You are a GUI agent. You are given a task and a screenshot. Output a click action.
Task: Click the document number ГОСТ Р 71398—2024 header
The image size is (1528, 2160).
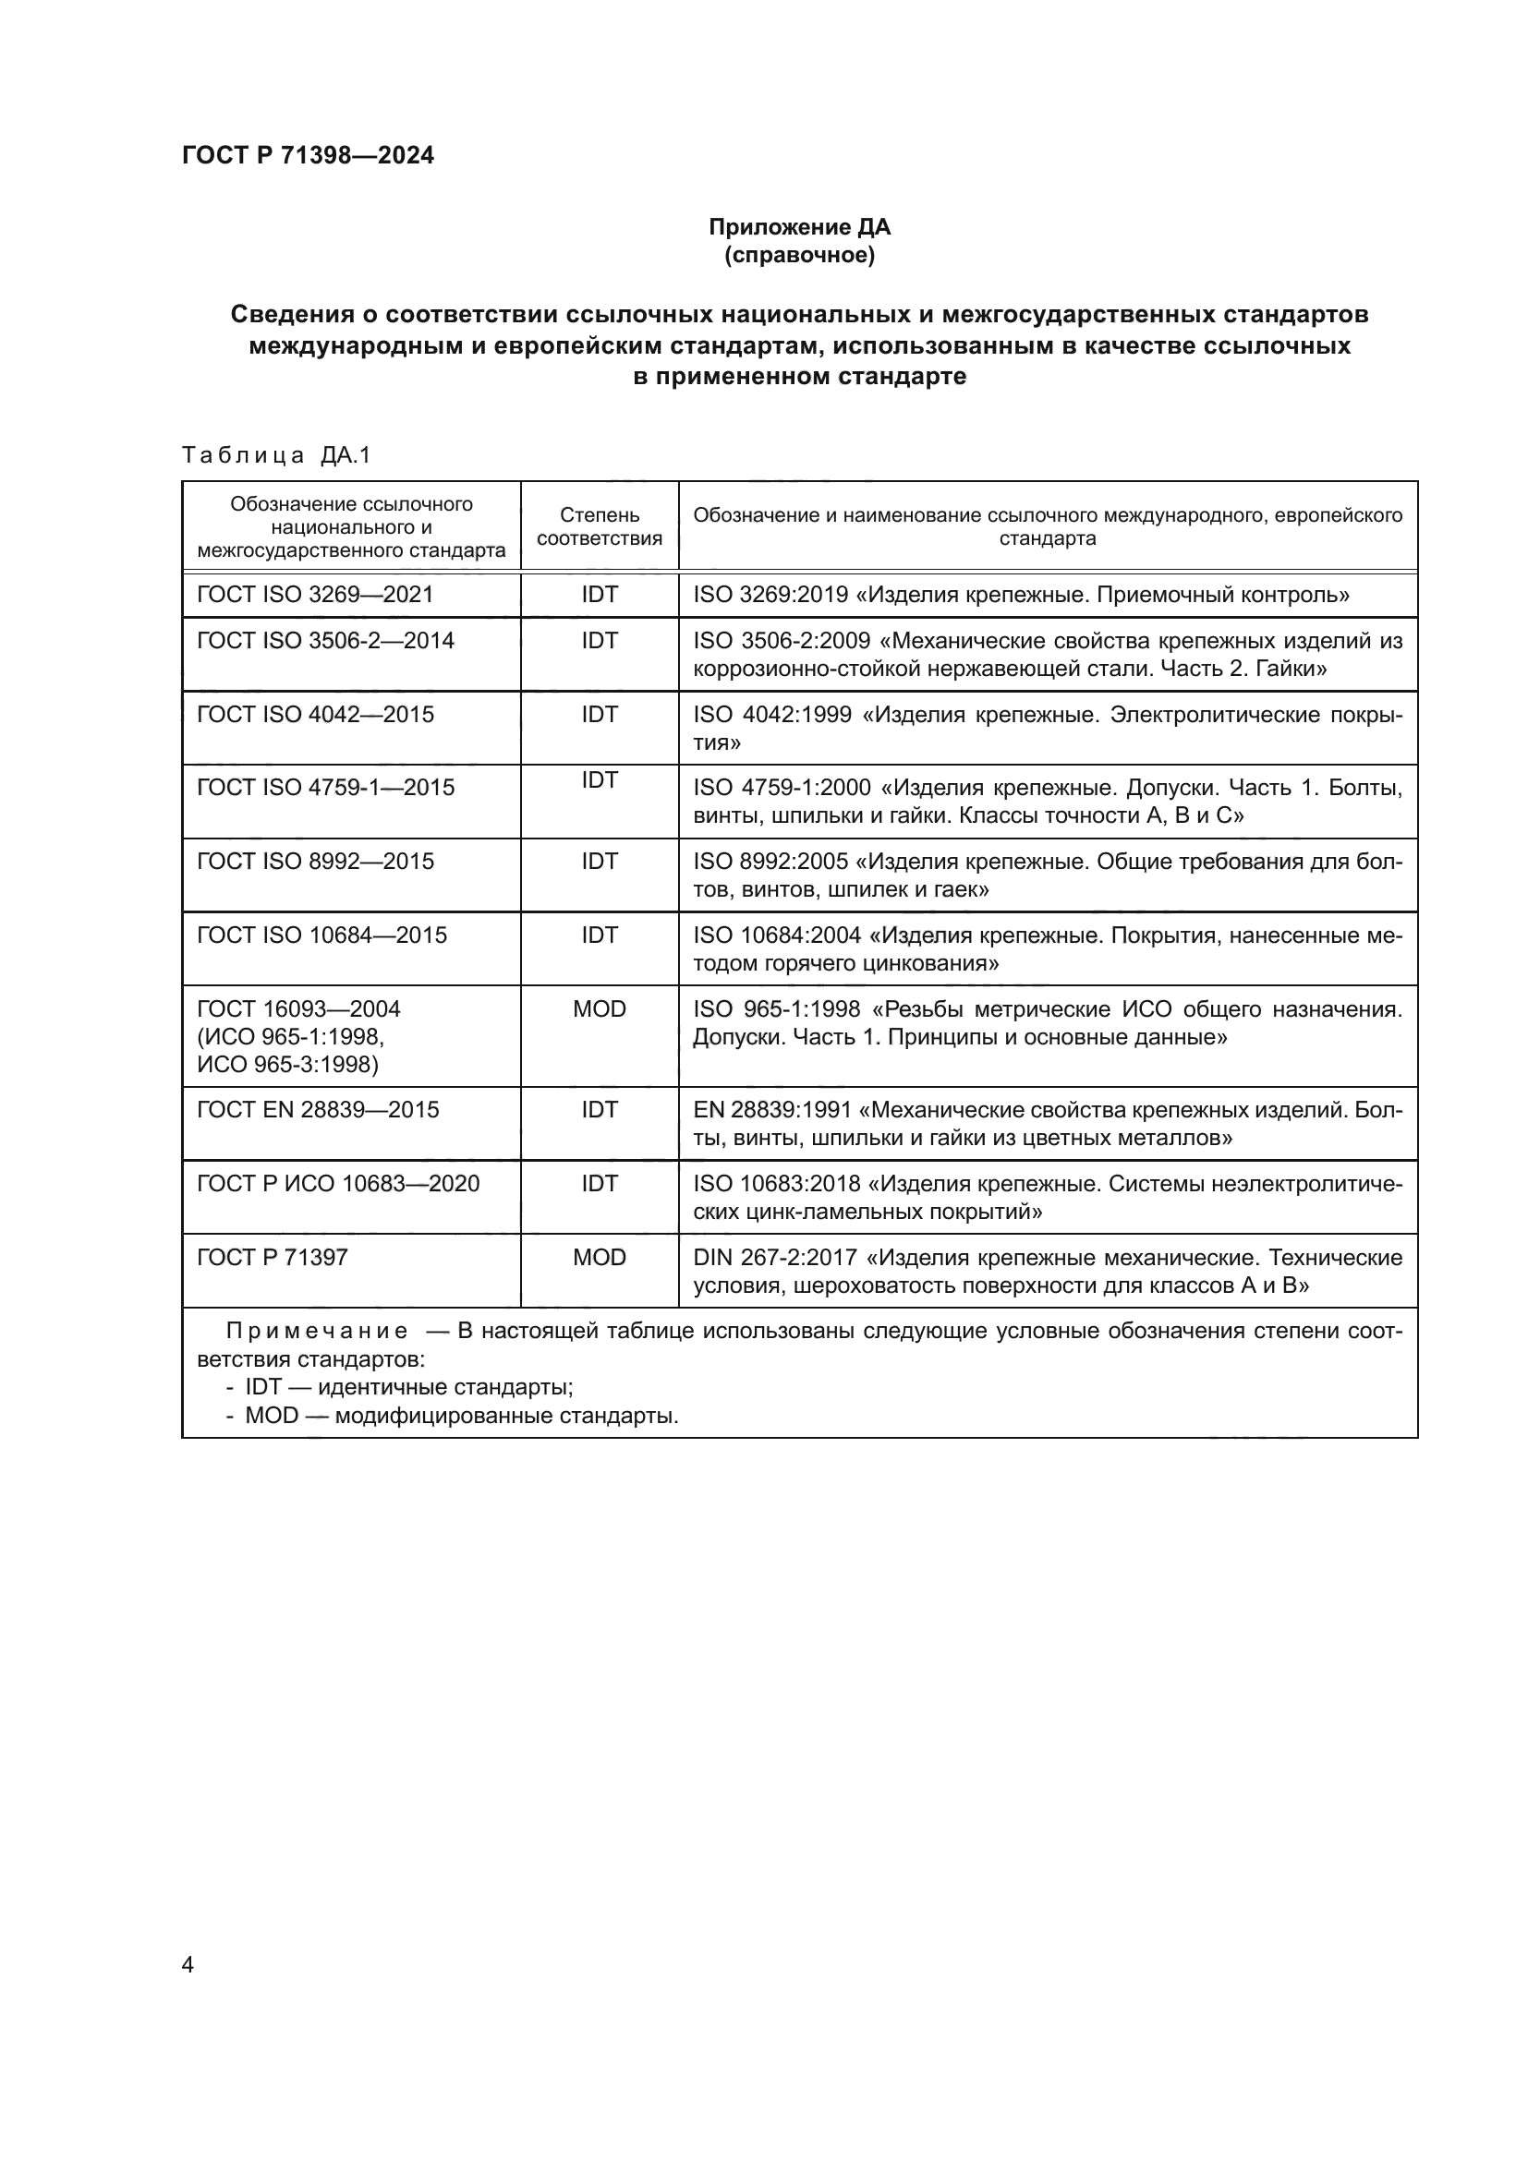pyautogui.click(x=308, y=155)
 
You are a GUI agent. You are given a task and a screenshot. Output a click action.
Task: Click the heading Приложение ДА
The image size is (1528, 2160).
pyautogui.click(x=799, y=227)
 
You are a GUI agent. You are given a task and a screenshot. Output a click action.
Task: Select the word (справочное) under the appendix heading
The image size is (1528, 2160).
pyautogui.click(x=799, y=255)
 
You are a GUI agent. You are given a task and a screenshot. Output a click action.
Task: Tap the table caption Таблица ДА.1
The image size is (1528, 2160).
pyautogui.click(x=275, y=455)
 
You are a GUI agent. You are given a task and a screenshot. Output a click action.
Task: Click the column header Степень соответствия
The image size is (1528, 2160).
pyautogui.click(x=600, y=525)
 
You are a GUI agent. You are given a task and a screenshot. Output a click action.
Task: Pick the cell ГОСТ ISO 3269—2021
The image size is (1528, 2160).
pyautogui.click(x=315, y=595)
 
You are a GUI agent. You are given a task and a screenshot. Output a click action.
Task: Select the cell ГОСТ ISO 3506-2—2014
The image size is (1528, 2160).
pyautogui.click(x=325, y=641)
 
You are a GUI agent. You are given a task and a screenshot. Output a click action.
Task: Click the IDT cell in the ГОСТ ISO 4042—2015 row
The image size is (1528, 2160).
pyautogui.click(x=600, y=714)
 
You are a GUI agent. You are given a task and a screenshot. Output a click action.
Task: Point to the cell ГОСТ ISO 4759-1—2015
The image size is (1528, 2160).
pyautogui.click(x=325, y=788)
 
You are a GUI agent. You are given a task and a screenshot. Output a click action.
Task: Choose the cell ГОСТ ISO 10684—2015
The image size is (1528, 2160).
pyautogui.click(x=321, y=935)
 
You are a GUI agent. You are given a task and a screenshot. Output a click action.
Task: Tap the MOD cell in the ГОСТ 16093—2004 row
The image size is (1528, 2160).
pyautogui.click(x=600, y=1008)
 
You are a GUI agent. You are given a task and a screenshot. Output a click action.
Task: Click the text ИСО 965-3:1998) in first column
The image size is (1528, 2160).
pyautogui.click(x=288, y=1064)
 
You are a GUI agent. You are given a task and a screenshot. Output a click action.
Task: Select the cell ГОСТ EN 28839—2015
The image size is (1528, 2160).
pyautogui.click(x=318, y=1109)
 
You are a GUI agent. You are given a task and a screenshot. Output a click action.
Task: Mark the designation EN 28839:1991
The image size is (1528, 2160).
pyautogui.click(x=772, y=1110)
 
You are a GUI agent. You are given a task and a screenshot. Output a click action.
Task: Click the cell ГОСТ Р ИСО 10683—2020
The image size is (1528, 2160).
pyautogui.click(x=338, y=1184)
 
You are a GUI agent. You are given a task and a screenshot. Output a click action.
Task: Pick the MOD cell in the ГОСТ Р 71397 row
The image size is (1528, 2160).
pyautogui.click(x=600, y=1257)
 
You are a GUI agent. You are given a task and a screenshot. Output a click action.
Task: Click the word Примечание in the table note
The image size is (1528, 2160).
pyautogui.click(x=317, y=1332)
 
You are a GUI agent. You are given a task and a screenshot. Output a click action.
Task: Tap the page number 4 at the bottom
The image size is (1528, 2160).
pyautogui.click(x=188, y=1964)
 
